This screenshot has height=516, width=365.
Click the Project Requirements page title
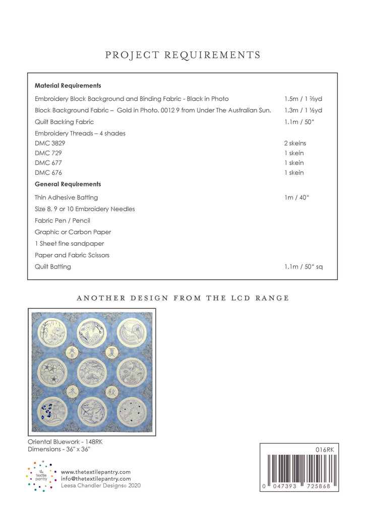click(x=182, y=55)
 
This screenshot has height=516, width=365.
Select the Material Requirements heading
click(x=68, y=86)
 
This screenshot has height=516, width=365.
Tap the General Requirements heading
click(x=68, y=184)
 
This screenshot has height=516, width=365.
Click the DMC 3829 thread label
click(x=50, y=143)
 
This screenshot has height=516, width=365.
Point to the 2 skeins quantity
click(x=295, y=143)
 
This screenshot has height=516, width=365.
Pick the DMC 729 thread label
click(x=48, y=153)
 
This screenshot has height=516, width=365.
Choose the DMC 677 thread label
click(x=48, y=163)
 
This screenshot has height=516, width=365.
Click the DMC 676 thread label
click(x=48, y=173)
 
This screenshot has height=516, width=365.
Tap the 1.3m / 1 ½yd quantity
click(x=303, y=110)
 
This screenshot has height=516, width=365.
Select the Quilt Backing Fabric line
click(x=64, y=122)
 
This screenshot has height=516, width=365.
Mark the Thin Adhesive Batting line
click(x=66, y=198)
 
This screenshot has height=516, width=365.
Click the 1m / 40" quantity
click(x=296, y=198)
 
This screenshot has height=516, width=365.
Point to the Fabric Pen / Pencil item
click(x=62, y=221)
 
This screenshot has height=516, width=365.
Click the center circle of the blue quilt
click(x=92, y=372)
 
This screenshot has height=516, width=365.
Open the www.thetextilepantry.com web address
click(x=95, y=472)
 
